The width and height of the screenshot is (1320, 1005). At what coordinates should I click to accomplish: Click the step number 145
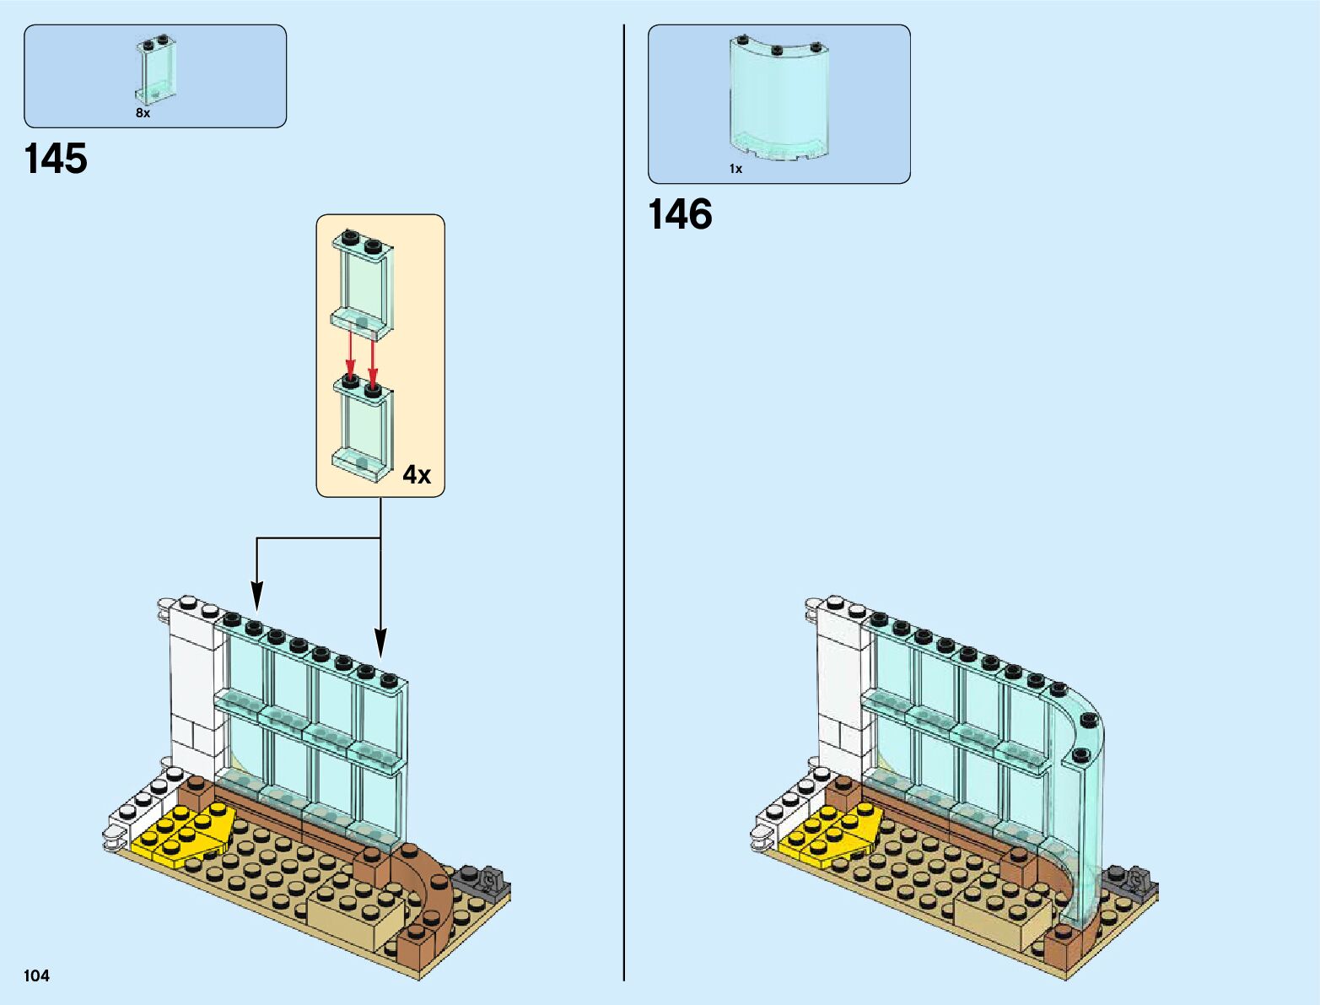point(56,159)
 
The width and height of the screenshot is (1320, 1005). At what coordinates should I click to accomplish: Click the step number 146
point(680,214)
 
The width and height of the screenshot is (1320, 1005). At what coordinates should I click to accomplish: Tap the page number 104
point(37,976)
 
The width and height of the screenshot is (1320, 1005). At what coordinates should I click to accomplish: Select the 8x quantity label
point(143,113)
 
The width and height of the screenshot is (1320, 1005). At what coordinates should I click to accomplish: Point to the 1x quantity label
point(735,169)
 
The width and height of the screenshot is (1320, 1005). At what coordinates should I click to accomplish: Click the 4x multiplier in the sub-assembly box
point(417,475)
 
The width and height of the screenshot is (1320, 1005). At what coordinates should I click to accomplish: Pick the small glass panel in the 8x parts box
point(153,71)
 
